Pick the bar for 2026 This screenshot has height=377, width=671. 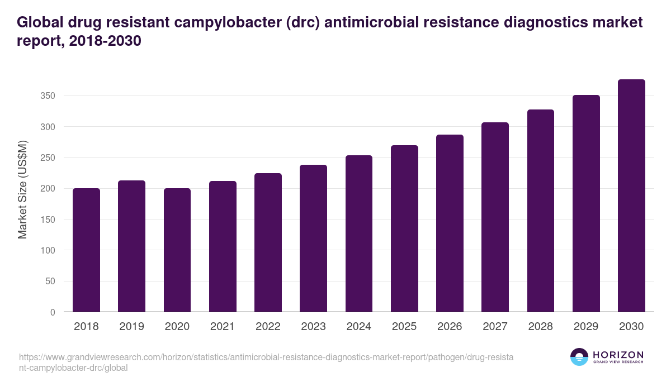(x=450, y=223)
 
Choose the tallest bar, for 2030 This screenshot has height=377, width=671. (x=631, y=195)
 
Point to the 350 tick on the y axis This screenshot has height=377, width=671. (x=48, y=96)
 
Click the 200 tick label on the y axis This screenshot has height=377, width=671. (x=48, y=189)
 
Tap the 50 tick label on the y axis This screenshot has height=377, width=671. (x=50, y=281)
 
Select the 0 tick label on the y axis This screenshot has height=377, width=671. (x=53, y=312)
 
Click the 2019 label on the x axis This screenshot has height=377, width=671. (x=131, y=327)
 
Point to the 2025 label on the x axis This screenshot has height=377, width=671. (x=404, y=327)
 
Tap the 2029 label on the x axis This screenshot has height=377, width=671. (x=586, y=327)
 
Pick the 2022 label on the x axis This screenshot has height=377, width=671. (x=268, y=327)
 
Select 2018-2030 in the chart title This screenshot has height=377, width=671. (x=104, y=41)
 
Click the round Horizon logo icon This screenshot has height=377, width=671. (x=579, y=357)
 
